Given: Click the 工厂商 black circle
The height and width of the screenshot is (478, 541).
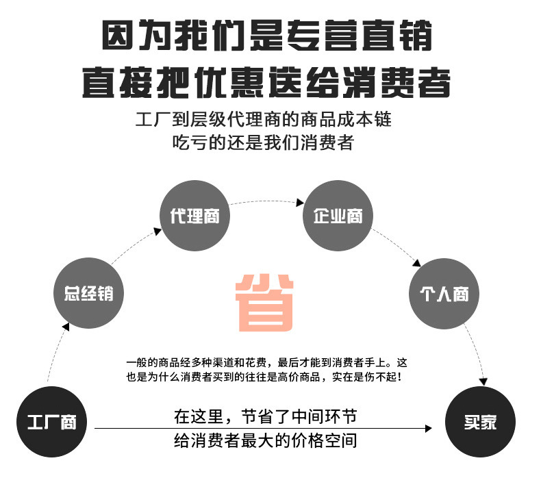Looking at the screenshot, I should pos(51,423).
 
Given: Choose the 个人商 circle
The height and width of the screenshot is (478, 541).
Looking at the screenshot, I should pos(443,294).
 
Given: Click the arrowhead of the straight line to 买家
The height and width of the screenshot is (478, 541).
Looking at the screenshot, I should pos(428,429).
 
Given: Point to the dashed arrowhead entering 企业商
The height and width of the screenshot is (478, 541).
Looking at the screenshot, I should pos(300,203).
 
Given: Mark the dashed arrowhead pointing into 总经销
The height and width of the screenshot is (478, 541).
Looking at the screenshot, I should pos(65,328).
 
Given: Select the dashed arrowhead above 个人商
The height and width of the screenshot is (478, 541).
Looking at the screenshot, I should pos(416,262).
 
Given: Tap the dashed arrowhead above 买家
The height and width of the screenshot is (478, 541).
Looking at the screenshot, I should pos(484,381).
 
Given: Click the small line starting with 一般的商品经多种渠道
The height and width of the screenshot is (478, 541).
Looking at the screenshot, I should pos(267,363).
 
